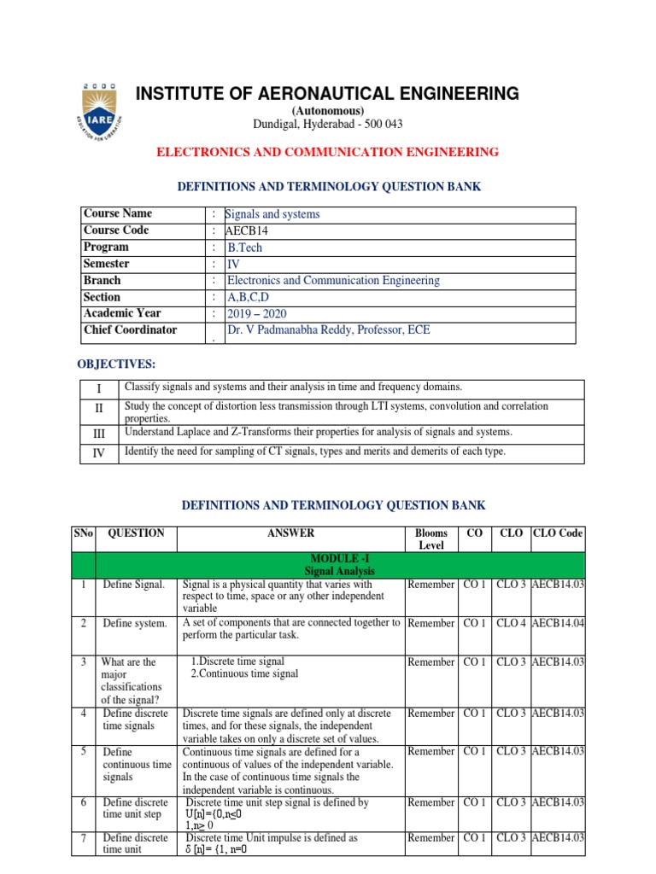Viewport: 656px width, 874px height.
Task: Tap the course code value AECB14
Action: [x=247, y=230]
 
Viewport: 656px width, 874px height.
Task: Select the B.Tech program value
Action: [x=245, y=248]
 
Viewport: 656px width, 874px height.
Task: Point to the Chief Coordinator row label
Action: [x=130, y=329]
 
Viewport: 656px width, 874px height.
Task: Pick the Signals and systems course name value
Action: [x=272, y=214]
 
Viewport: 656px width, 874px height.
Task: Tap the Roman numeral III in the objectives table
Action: [x=98, y=433]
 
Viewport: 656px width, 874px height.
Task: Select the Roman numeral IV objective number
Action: [x=98, y=453]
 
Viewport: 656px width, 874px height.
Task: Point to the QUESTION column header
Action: [x=136, y=533]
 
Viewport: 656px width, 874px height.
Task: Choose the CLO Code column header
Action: [x=558, y=533]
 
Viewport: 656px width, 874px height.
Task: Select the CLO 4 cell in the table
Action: [x=512, y=623]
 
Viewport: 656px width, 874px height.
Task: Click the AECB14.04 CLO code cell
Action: [x=558, y=623]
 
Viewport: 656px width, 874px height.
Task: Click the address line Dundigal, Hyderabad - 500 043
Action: [x=327, y=125]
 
